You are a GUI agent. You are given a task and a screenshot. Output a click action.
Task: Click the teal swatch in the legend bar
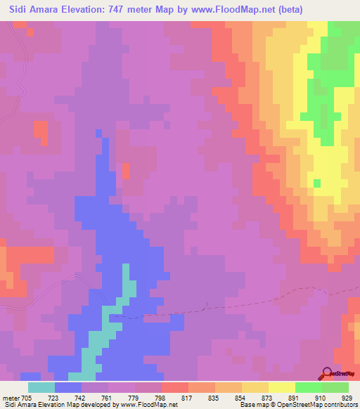41,387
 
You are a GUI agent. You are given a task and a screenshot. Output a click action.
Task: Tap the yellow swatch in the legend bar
281,387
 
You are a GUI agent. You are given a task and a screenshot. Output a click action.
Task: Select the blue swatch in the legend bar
67,387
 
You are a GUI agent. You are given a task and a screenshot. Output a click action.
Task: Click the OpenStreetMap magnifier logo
328,374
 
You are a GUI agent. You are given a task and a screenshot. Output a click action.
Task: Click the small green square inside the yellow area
316,183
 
